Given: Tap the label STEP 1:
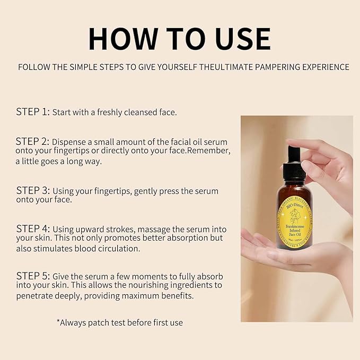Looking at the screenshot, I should coord(33,112).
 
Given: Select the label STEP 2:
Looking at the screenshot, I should coord(33,142).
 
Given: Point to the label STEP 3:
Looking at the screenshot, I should coord(33,190).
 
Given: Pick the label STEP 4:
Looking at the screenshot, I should coord(33,229).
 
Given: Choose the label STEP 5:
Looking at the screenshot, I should coord(33,276).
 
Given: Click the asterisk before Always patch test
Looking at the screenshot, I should coord(58,321).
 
